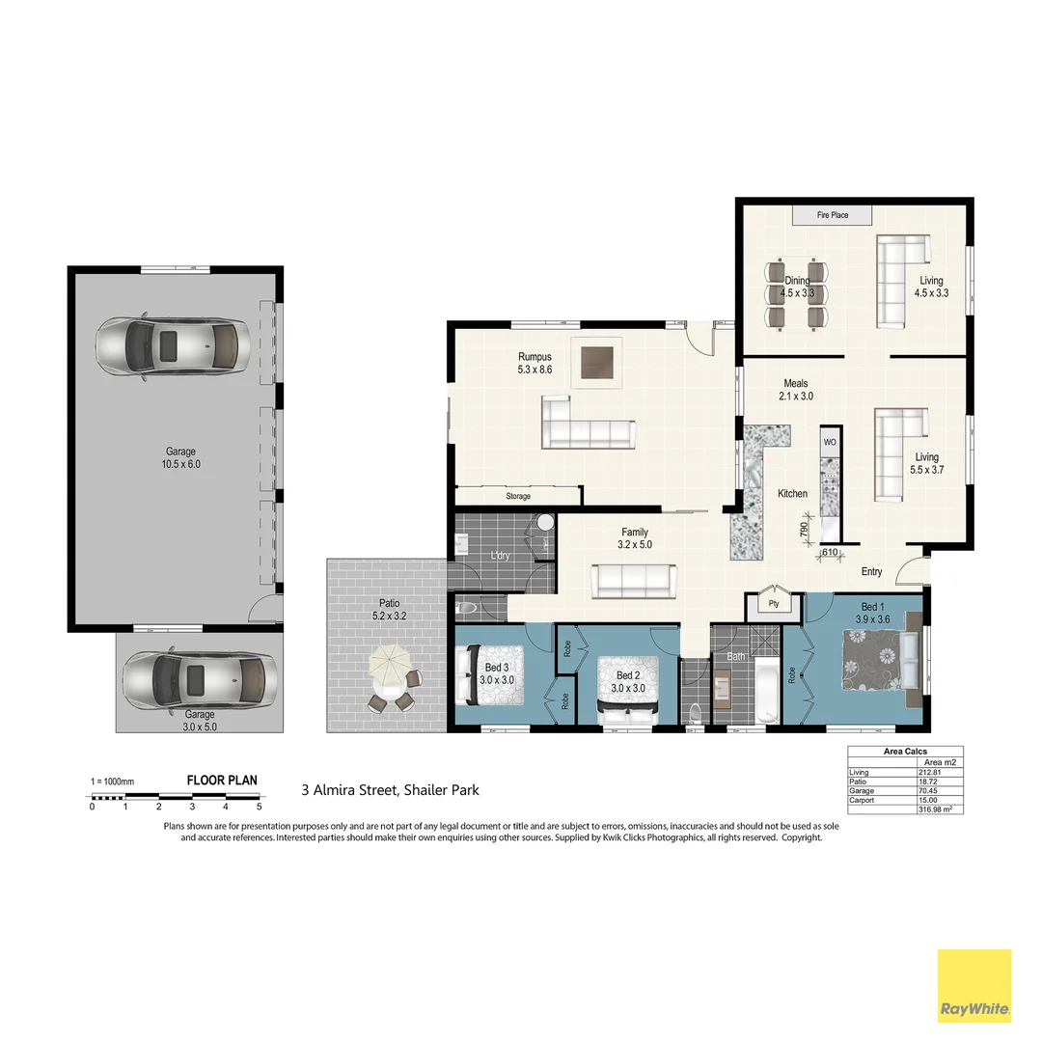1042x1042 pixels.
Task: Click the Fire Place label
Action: [833, 215]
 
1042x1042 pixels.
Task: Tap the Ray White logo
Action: [974, 986]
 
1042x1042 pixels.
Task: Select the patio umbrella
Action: [390, 664]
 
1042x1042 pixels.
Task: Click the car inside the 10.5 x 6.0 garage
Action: [173, 343]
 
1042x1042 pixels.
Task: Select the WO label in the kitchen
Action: [830, 442]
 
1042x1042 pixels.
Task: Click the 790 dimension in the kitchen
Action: [803, 529]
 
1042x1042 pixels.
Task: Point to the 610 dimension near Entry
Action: [829, 553]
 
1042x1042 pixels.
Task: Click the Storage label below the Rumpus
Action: [518, 496]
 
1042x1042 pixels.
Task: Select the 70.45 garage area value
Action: [928, 790]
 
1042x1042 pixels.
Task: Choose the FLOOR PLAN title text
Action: [221, 781]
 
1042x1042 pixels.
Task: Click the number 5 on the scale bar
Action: [259, 806]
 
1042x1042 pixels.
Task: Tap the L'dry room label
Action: [500, 556]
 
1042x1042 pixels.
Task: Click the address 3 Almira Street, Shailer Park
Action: [390, 790]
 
